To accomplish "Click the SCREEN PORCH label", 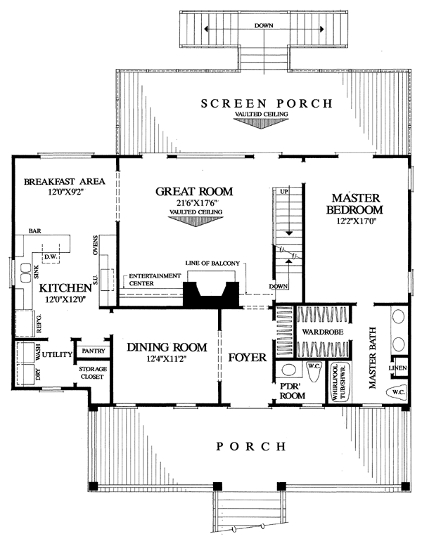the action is pos(267,103).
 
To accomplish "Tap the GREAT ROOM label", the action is pos(194,191).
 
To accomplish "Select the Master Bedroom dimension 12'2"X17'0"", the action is pos(354,222).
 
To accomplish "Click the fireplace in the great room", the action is pos(211,294).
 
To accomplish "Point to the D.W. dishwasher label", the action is pos(51,256).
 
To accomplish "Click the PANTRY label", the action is pos(94,351).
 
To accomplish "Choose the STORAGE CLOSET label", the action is pos(93,372).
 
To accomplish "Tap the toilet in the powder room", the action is pos(314,371).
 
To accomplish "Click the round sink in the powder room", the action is pos(288,370).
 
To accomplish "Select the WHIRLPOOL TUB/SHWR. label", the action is pos(339,382).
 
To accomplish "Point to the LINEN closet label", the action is pos(398,368).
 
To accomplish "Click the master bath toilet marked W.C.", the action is pos(397,392).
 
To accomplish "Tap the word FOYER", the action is pos(248,358).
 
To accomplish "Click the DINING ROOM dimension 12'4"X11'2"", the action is pos(167,359).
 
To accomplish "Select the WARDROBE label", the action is pos(323,332).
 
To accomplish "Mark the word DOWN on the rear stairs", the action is pos(264,25).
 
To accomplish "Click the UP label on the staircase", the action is pos(284,191).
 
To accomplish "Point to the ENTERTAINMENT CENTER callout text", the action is pos(155,280).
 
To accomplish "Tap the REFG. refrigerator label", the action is pos(39,323).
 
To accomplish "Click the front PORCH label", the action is pos(251,446).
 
